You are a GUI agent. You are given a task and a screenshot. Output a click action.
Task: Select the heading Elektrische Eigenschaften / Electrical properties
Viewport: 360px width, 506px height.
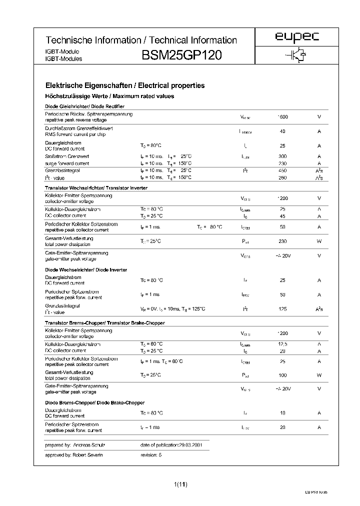pyautogui.click(x=125, y=86)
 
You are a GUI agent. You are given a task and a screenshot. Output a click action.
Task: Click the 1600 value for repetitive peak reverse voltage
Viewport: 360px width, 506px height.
pyautogui.click(x=282, y=117)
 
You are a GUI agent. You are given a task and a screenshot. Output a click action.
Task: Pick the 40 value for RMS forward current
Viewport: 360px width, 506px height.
pyautogui.click(x=282, y=131)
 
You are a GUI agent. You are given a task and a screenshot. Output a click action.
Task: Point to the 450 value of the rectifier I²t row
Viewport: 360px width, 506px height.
pyautogui.click(x=282, y=170)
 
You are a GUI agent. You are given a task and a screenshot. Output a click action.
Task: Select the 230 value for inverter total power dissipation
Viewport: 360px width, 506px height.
pyautogui.click(x=282, y=241)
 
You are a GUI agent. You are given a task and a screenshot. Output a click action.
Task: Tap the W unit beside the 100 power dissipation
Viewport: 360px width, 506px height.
pyautogui.click(x=319, y=374)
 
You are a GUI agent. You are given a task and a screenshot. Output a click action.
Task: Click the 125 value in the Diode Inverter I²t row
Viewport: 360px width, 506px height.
pyautogui.click(x=282, y=309)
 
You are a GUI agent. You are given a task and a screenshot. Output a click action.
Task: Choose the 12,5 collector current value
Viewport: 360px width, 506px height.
pyautogui.click(x=282, y=344)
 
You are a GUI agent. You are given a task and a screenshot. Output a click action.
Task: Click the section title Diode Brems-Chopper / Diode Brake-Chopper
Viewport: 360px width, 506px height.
pyautogui.click(x=94, y=402)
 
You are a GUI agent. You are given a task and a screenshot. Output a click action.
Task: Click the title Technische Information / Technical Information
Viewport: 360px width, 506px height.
pyautogui.click(x=141, y=40)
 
